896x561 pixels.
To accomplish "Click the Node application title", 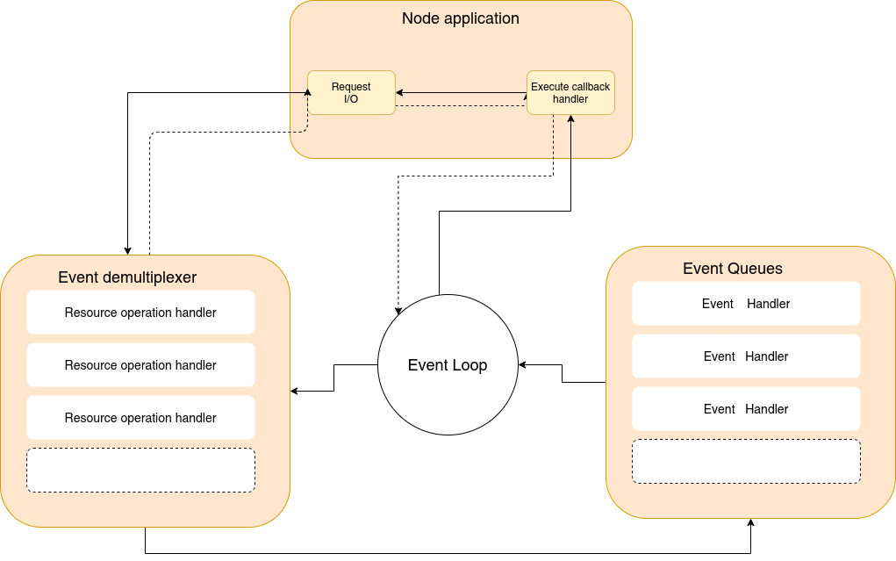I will [x=460, y=18].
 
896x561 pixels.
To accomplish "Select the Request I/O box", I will [x=351, y=92].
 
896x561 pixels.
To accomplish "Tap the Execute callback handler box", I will [x=570, y=92].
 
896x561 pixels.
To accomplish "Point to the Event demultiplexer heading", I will [x=127, y=277].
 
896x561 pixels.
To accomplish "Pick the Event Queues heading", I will [x=733, y=269].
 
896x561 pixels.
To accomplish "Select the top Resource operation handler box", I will [x=140, y=313].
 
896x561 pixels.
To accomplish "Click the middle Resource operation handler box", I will [x=140, y=365].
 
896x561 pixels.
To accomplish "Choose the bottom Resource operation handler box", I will [x=140, y=418].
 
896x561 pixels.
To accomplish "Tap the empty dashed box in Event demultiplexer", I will [x=140, y=471].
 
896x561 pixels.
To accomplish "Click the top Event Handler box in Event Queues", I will [x=746, y=304].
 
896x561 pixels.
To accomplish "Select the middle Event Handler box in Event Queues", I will [x=746, y=356].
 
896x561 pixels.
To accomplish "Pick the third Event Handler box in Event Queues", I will [x=746, y=409].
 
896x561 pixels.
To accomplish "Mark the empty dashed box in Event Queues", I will [x=746, y=462].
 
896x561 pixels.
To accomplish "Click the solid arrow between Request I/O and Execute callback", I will [x=461, y=92].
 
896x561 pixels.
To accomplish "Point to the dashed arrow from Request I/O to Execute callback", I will [x=461, y=106].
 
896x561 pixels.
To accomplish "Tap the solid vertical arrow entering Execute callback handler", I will [x=570, y=139].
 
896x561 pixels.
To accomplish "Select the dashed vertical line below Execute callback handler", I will [x=554, y=139].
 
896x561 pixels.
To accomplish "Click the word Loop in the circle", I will [x=470, y=365].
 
